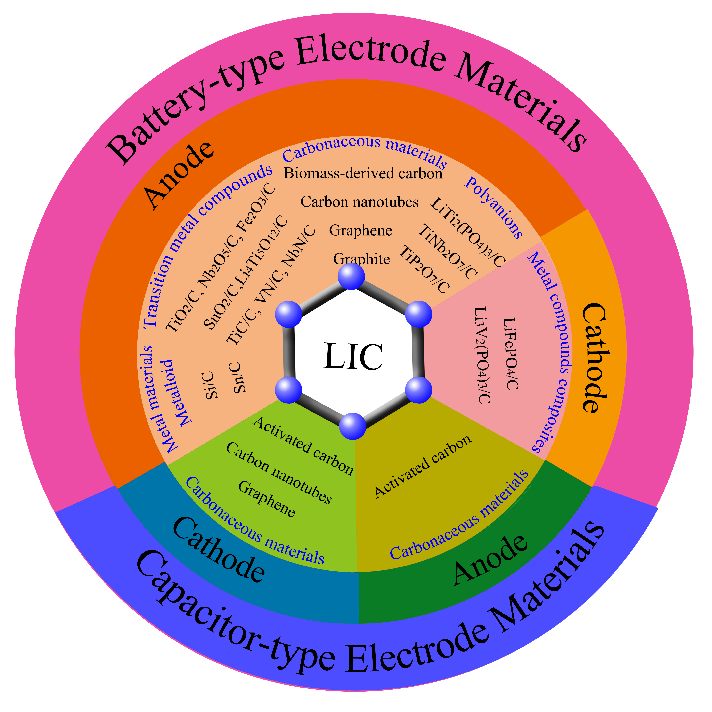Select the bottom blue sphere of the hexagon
click(353, 426)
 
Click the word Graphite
click(361, 259)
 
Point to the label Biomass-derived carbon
click(363, 173)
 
